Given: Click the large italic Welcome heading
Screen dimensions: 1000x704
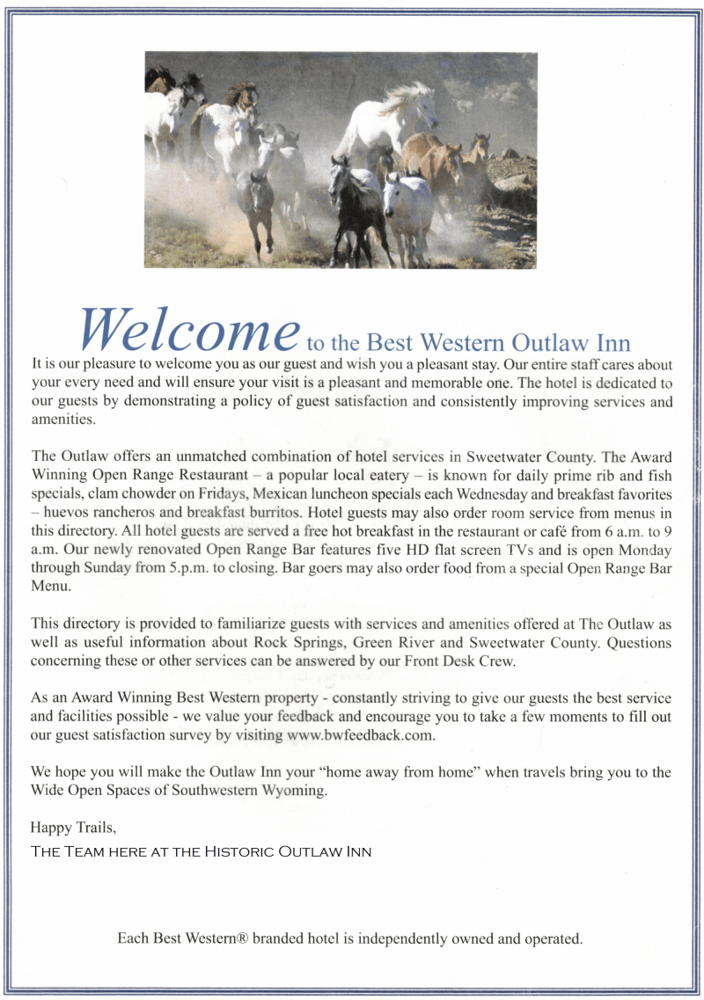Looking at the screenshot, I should click(x=188, y=329).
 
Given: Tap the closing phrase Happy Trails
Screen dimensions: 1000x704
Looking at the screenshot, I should click(x=72, y=828).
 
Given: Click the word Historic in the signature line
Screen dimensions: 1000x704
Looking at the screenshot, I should click(x=239, y=851).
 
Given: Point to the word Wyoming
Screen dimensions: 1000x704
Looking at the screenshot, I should click(x=296, y=790).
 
